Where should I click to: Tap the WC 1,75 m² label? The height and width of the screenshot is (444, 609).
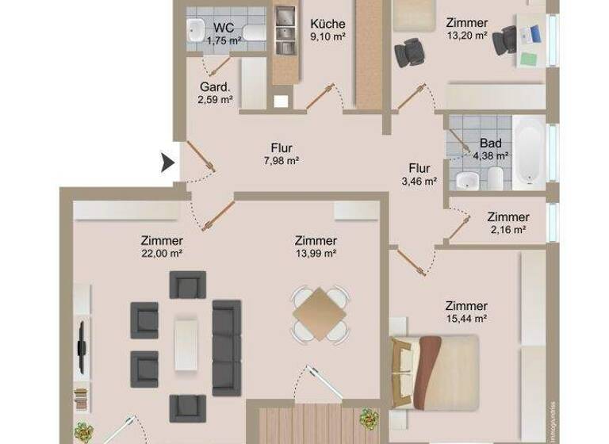point(223,33)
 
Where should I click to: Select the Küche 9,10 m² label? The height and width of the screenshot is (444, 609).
point(327,29)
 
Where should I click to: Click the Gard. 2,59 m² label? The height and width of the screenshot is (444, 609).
point(215,93)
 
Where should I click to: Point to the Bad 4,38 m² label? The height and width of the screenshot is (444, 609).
point(491,150)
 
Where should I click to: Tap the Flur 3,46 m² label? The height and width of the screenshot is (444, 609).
point(419,174)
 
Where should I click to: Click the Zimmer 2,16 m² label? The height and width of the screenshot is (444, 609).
point(508,223)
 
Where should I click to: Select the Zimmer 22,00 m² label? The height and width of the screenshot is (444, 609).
point(162,247)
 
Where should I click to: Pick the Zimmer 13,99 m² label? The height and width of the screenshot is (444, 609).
point(316,247)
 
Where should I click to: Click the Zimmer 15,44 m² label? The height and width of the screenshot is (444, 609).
point(466,312)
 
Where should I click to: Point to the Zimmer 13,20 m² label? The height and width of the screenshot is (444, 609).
point(466,29)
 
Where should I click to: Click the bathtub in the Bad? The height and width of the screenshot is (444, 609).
point(527,152)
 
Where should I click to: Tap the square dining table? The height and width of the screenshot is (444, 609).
point(320,314)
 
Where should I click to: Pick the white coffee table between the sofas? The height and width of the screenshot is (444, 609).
point(186,342)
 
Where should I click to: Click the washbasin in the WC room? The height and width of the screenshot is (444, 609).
point(196,31)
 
